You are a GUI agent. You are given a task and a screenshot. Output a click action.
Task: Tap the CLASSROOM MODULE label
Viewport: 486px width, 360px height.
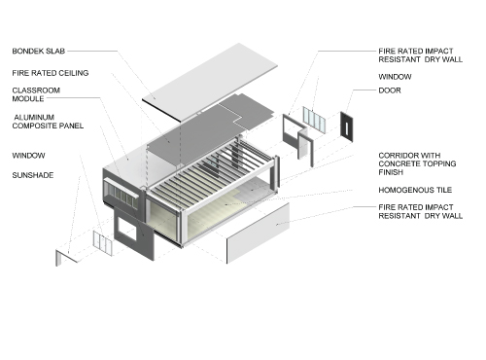pyautogui.click(x=35, y=94)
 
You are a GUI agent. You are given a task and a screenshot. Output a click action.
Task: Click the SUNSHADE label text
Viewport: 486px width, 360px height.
pyautogui.click(x=33, y=175)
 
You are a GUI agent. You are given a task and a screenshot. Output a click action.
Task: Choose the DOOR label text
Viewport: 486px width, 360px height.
pyautogui.click(x=390, y=90)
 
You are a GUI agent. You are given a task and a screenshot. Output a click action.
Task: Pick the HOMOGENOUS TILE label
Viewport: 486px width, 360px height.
pyautogui.click(x=413, y=190)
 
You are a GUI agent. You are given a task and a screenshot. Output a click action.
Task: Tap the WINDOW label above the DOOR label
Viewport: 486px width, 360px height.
pyautogui.click(x=394, y=76)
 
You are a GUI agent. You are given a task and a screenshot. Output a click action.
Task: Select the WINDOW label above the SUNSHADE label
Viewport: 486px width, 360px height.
pyautogui.click(x=28, y=155)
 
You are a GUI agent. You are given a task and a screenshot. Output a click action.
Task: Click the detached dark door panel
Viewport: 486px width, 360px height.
pyautogui.click(x=344, y=126)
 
